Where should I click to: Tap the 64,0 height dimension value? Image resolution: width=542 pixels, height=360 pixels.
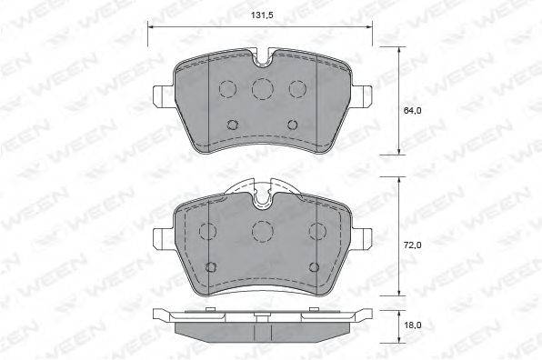point(412,111)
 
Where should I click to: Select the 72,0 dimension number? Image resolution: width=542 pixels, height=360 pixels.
point(412,245)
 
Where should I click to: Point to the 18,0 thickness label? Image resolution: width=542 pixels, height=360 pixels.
point(412,325)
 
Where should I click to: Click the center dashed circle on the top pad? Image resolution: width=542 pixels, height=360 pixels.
point(262,88)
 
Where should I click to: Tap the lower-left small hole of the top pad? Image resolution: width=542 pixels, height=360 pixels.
point(232,125)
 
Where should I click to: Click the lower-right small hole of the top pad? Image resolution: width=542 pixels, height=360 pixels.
point(293,125)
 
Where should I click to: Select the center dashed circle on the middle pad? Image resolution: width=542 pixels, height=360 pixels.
point(262,231)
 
